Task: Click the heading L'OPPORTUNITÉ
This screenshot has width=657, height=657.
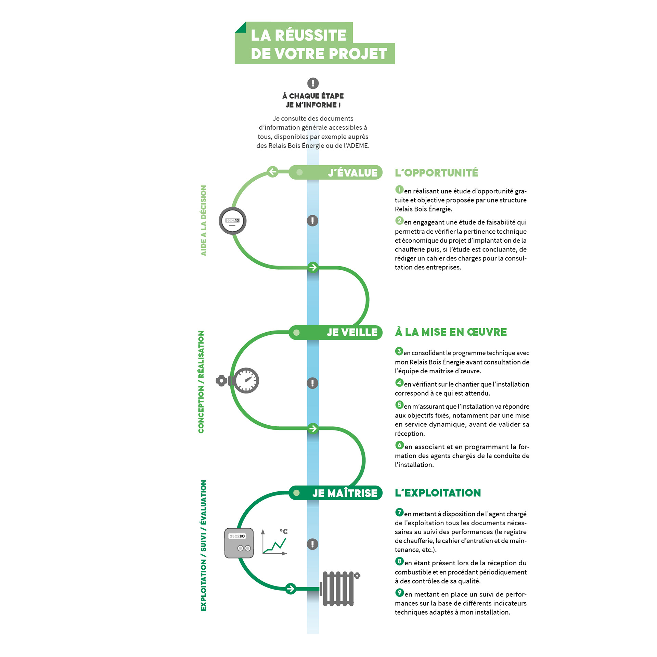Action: click(436, 173)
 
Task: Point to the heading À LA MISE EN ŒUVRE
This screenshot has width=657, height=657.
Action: click(451, 332)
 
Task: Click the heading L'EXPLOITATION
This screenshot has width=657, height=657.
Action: click(438, 493)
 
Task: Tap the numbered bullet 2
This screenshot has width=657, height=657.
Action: click(399, 221)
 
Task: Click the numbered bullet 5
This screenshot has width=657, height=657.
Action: click(399, 405)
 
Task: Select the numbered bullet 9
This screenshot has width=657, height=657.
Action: click(399, 593)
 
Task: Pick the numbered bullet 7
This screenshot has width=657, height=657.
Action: click(399, 512)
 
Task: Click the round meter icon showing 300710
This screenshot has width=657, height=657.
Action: click(233, 221)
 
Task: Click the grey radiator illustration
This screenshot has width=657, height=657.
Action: click(339, 588)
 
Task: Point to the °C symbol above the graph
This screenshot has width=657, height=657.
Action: click(284, 531)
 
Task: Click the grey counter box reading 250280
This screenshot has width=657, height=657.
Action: click(239, 543)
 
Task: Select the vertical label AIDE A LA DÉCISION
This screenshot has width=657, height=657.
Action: click(204, 220)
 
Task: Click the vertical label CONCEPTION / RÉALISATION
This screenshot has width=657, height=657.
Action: click(201, 382)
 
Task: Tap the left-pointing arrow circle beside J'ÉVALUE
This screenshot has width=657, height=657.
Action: click(273, 171)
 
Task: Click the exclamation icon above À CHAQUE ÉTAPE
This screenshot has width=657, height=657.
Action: click(313, 83)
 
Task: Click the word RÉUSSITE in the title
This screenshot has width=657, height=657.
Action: click(310, 35)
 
